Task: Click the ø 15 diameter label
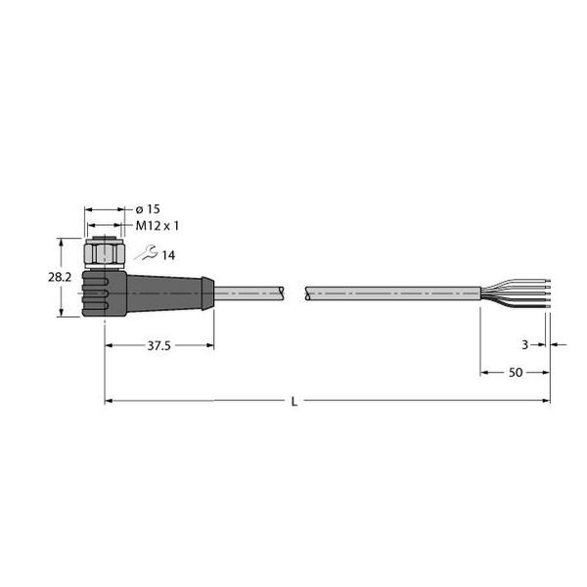pyautogui.click(x=147, y=209)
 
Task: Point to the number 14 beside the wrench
pyautogui.click(x=168, y=255)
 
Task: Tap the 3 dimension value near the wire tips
pyautogui.click(x=524, y=343)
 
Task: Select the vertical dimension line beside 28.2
pyautogui.click(x=64, y=278)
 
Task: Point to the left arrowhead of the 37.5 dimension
pyautogui.click(x=109, y=344)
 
